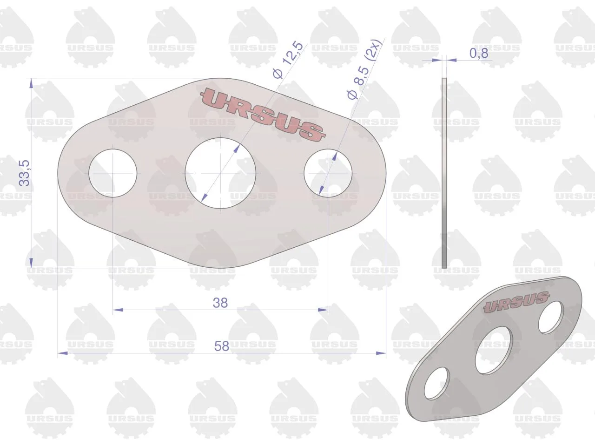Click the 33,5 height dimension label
24,173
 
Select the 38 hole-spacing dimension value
220,303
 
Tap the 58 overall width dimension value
221,346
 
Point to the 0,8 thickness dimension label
479,54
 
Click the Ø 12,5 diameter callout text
288,60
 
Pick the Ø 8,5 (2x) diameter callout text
364,69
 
